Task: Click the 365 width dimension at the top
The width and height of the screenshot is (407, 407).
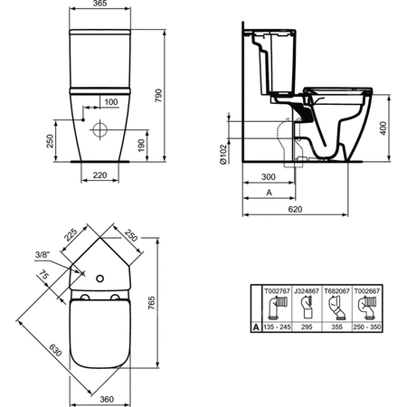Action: tap(99, 4)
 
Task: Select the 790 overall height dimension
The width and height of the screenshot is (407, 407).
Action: tap(158, 96)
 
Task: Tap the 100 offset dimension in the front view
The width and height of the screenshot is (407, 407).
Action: tap(111, 102)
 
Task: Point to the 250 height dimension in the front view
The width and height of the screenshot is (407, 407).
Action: tap(50, 141)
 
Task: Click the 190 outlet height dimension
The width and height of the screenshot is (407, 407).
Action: tap(141, 146)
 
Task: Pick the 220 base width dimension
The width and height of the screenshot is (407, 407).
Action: tap(99, 175)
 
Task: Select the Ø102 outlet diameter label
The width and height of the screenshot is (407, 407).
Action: tap(223, 154)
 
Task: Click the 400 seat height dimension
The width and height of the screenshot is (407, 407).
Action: tap(383, 128)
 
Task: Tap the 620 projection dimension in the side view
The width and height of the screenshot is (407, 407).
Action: tap(295, 209)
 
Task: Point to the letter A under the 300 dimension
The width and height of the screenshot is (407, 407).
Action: tap(270, 193)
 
